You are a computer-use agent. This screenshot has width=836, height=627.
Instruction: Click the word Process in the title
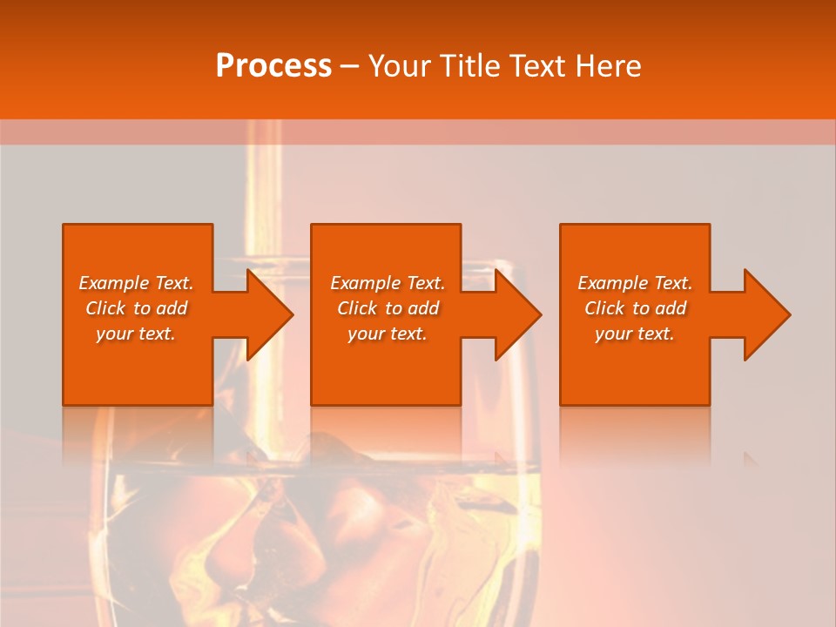click(273, 66)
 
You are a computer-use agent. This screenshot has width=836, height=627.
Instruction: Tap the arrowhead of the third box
click(765, 314)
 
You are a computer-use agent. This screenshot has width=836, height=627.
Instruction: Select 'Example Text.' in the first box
click(136, 283)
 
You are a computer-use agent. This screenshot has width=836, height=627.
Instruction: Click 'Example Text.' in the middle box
click(388, 283)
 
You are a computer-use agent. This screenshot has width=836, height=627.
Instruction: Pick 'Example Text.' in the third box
click(635, 283)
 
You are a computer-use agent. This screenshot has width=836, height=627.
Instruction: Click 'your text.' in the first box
click(136, 334)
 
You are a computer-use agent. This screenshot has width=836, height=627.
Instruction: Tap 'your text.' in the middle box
click(388, 334)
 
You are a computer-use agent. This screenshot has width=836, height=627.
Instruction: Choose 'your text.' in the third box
click(635, 334)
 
